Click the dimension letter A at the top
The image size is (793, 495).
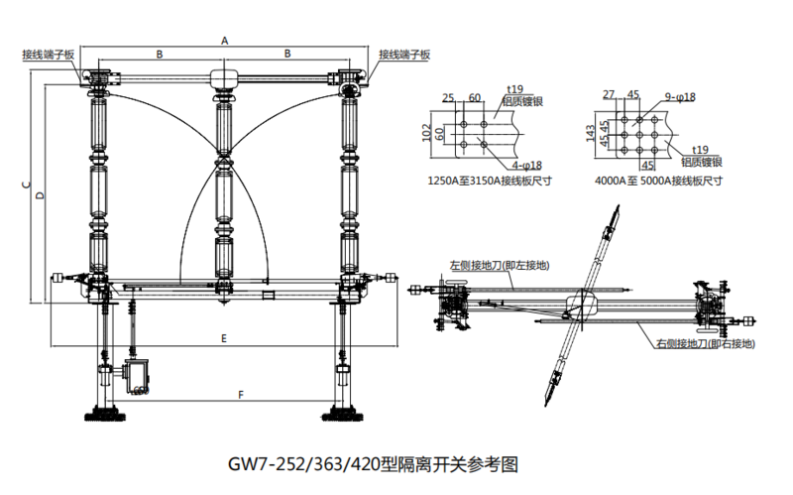tap(225, 40)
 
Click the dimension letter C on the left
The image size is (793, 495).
tap(29, 185)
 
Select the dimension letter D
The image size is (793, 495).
tap(41, 197)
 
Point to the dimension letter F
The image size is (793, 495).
tap(241, 396)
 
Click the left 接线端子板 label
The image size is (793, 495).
tap(49, 56)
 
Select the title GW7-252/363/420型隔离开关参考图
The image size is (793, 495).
tap(374, 463)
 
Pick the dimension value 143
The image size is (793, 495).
tap(592, 130)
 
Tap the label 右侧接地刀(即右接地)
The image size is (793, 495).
tap(705, 343)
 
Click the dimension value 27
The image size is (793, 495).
tap(609, 95)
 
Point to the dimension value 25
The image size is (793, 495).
tap(449, 97)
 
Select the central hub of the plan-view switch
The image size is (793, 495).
tap(580, 304)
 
